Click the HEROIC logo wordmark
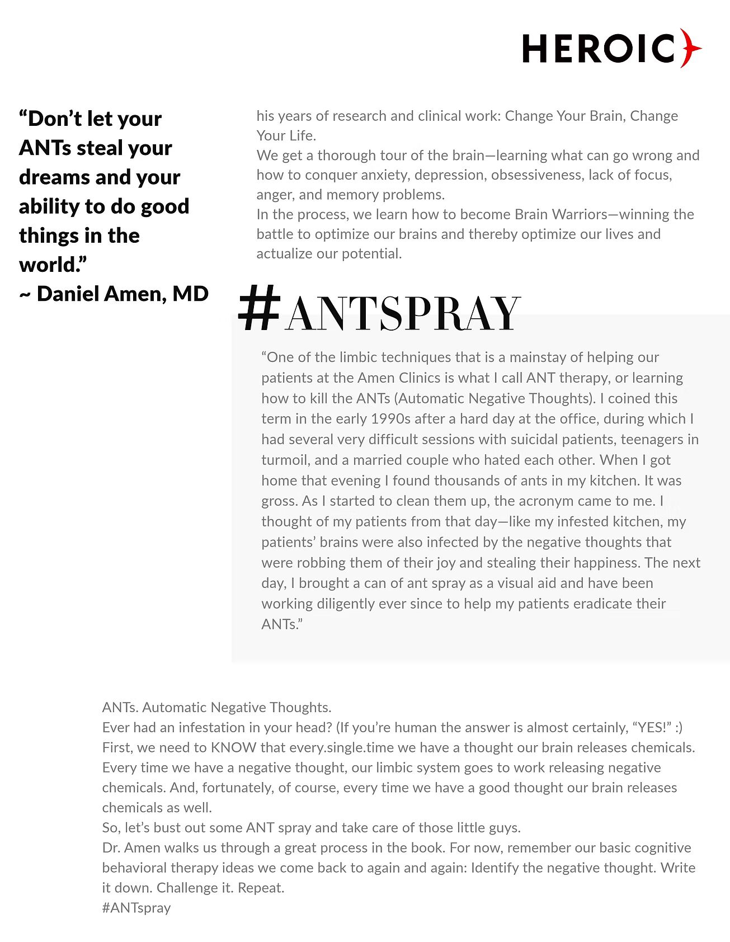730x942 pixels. click(599, 49)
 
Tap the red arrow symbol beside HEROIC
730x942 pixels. click(690, 49)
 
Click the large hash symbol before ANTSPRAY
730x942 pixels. click(259, 308)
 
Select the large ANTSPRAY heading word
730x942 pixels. click(403, 314)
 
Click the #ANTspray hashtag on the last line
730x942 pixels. click(136, 908)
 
